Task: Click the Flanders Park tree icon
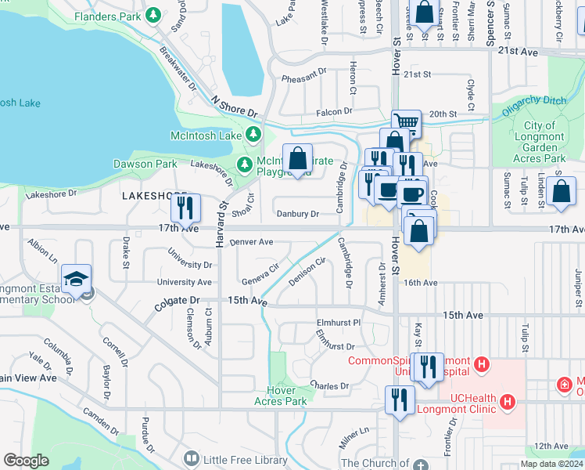pyautogui.click(x=154, y=14)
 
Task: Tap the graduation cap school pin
pyautogui.click(x=76, y=280)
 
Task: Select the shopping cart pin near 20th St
pyautogui.click(x=406, y=122)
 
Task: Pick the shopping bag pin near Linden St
pyautogui.click(x=561, y=192)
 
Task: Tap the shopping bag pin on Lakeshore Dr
pyautogui.click(x=297, y=159)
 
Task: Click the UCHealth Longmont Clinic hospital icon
pyautogui.click(x=508, y=402)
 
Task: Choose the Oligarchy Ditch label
pyautogui.click(x=534, y=111)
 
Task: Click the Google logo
pyautogui.click(x=26, y=461)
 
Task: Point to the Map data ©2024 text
pyautogui.click(x=551, y=464)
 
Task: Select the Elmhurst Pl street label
pyautogui.click(x=339, y=322)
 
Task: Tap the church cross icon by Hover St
pyautogui.click(x=423, y=464)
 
